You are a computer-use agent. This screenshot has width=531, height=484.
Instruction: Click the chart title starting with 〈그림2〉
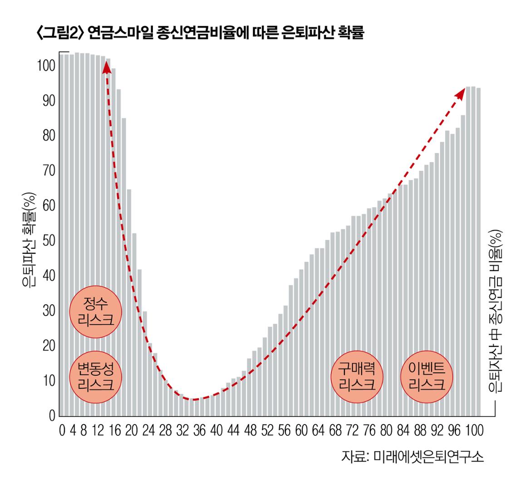[x=200, y=33]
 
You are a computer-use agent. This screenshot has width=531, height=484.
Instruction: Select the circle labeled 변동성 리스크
[x=95, y=377]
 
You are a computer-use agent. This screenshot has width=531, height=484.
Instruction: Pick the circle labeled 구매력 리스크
[x=357, y=377]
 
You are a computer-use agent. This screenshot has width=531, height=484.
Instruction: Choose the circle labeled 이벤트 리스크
[x=427, y=377]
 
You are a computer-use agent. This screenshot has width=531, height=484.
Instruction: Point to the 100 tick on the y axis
[x=46, y=66]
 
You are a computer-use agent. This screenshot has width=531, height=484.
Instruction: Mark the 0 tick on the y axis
[x=51, y=415]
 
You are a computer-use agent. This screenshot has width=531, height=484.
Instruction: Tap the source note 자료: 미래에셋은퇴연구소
[x=413, y=456]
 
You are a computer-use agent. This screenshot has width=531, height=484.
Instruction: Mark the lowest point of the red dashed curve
[x=194, y=400]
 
